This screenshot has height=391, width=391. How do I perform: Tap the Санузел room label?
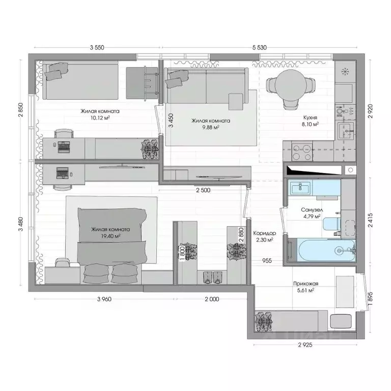pyautogui.click(x=311, y=210)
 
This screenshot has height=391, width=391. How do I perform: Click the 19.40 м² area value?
pyautogui.click(x=110, y=236)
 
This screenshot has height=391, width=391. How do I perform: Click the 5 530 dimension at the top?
pyautogui.click(x=259, y=47)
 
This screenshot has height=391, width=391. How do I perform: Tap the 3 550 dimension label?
pyautogui.click(x=97, y=47)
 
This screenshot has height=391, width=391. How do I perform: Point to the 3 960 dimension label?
pyautogui.click(x=103, y=299)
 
